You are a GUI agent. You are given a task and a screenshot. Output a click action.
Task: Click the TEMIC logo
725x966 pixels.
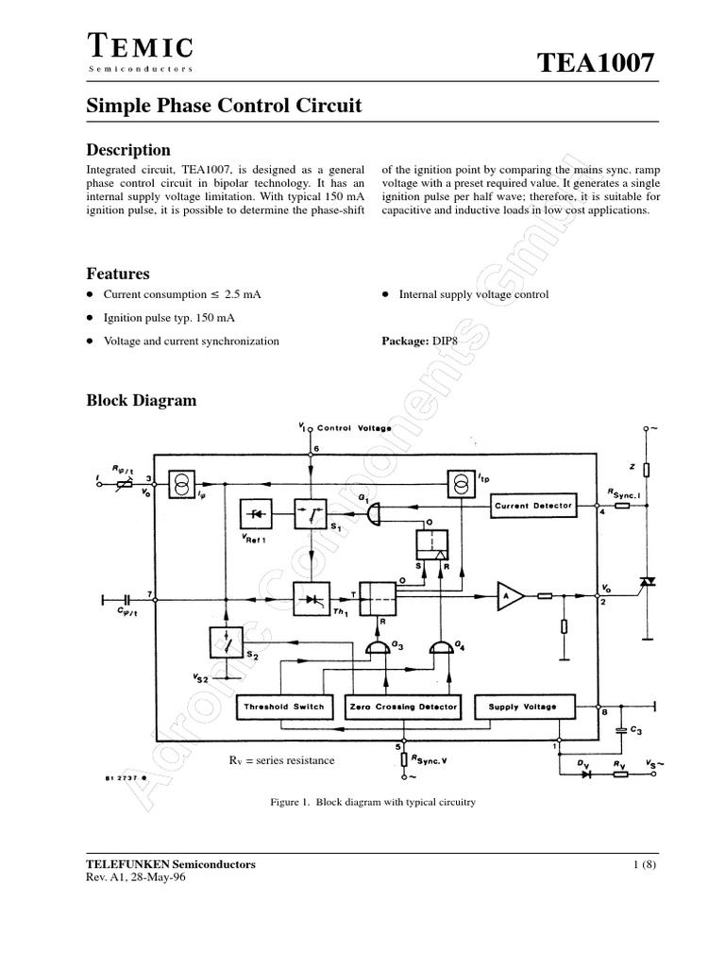click(141, 49)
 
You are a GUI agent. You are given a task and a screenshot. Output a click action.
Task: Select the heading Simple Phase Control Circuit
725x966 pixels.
click(224, 106)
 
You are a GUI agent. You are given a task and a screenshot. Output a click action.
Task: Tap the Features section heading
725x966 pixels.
click(118, 274)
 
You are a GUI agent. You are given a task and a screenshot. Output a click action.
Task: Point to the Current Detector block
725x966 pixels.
click(534, 506)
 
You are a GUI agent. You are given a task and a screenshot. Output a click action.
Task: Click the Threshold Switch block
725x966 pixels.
click(284, 706)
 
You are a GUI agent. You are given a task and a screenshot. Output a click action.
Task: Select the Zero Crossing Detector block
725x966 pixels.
click(403, 706)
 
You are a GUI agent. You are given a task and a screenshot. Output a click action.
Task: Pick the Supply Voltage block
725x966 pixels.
click(522, 706)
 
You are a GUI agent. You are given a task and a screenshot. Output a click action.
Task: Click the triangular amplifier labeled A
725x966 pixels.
click(511, 595)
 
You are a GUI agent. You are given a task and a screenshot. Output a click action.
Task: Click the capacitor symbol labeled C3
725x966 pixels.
click(619, 728)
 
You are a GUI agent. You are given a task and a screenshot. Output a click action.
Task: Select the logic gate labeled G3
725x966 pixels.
click(379, 646)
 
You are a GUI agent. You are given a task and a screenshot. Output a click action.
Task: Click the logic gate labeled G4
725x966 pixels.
click(439, 646)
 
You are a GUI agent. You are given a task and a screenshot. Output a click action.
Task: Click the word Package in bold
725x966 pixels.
click(405, 341)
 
